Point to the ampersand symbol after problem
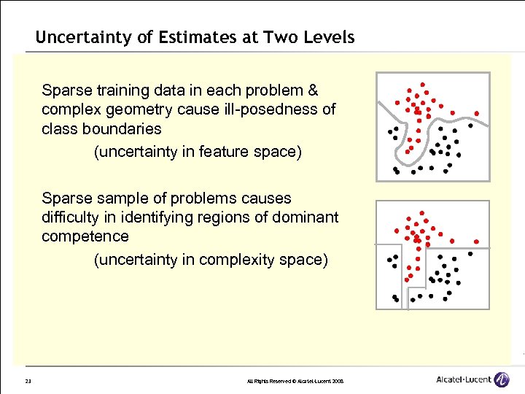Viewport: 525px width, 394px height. (314, 91)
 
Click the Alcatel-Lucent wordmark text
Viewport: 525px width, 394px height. (463, 380)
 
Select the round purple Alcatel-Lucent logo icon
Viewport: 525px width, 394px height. (502, 379)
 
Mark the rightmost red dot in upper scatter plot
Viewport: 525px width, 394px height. (476, 114)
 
